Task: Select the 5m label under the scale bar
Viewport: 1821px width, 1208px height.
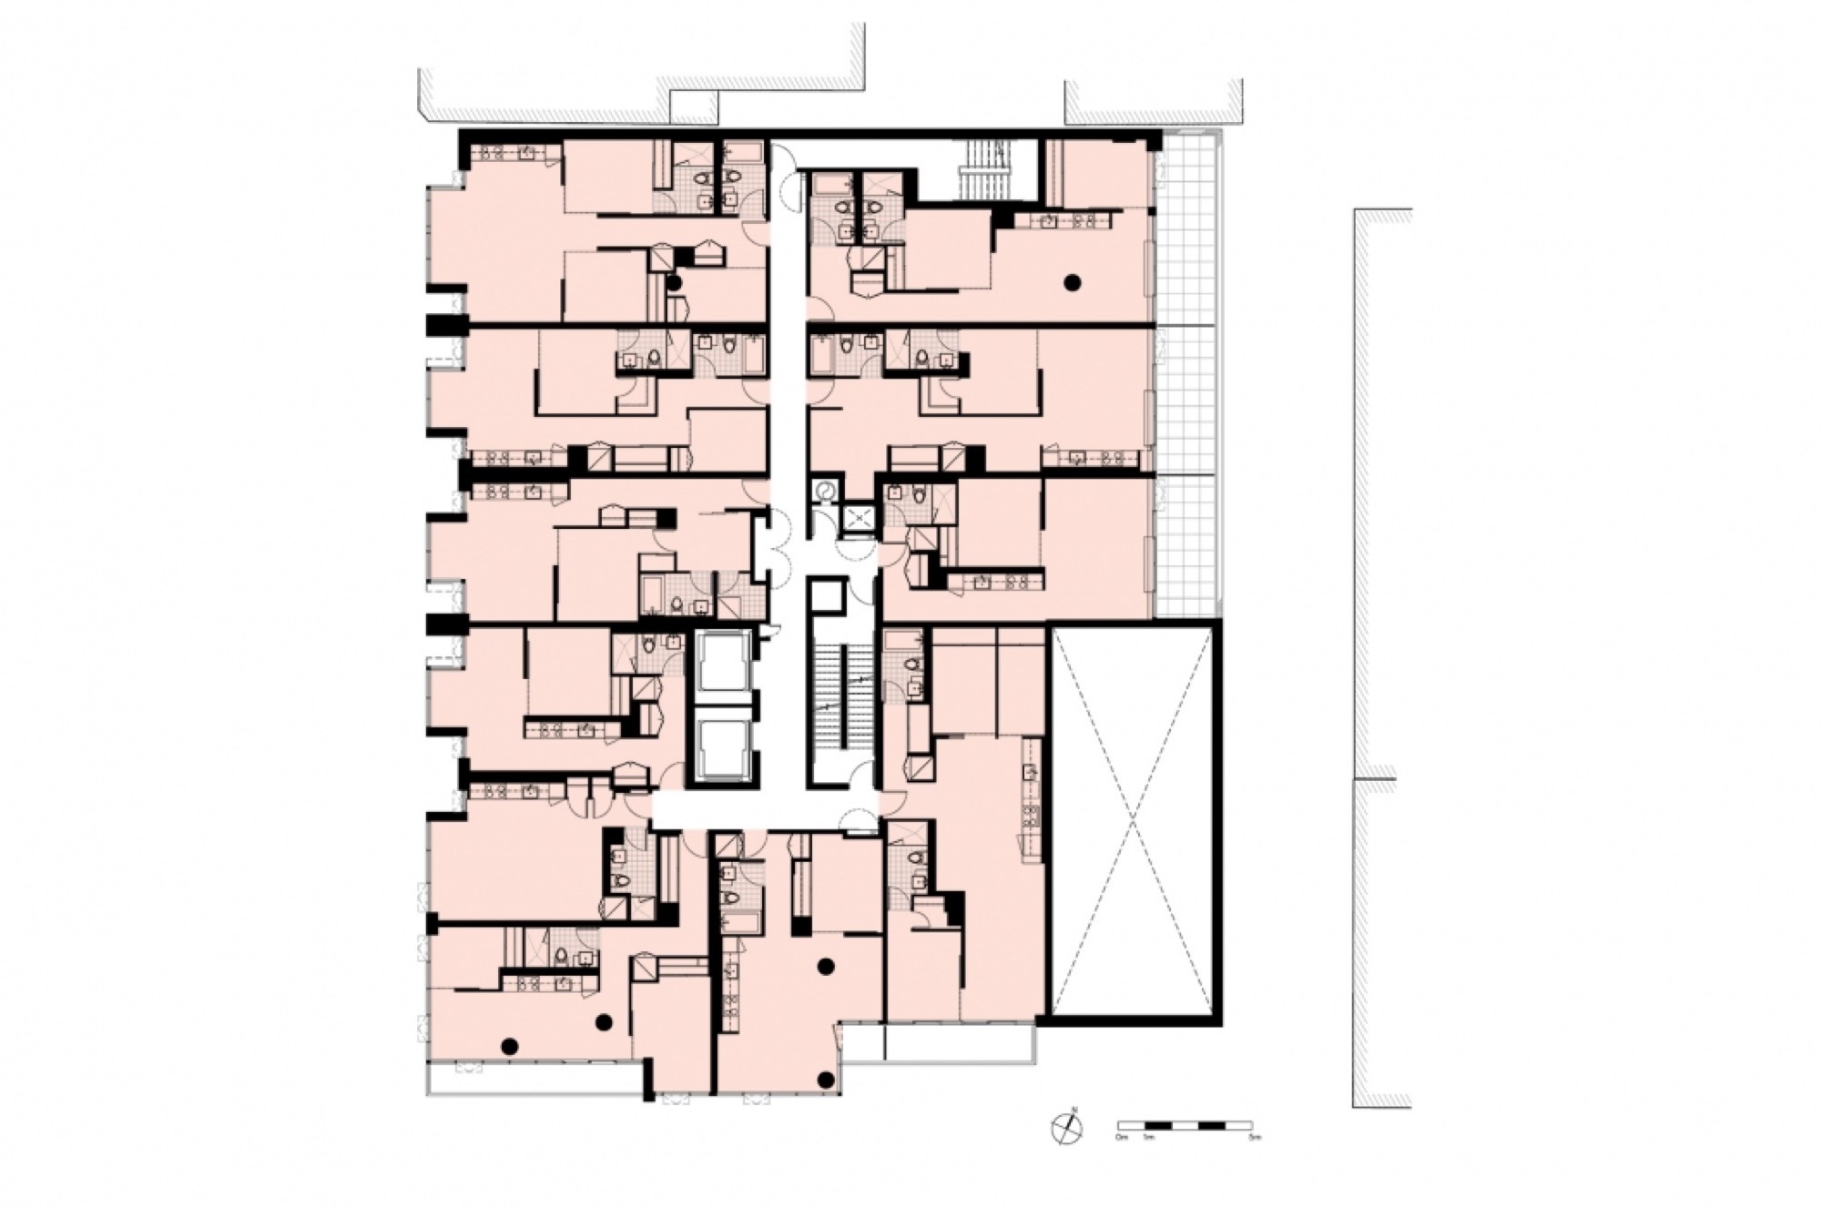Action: pos(1256,1138)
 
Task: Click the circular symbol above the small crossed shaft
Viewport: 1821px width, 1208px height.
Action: pos(826,490)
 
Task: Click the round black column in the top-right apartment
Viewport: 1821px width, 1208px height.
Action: pos(1073,283)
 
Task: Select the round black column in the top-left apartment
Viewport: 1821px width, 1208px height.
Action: pos(674,283)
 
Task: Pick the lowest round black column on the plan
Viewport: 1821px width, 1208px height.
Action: pos(826,1080)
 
